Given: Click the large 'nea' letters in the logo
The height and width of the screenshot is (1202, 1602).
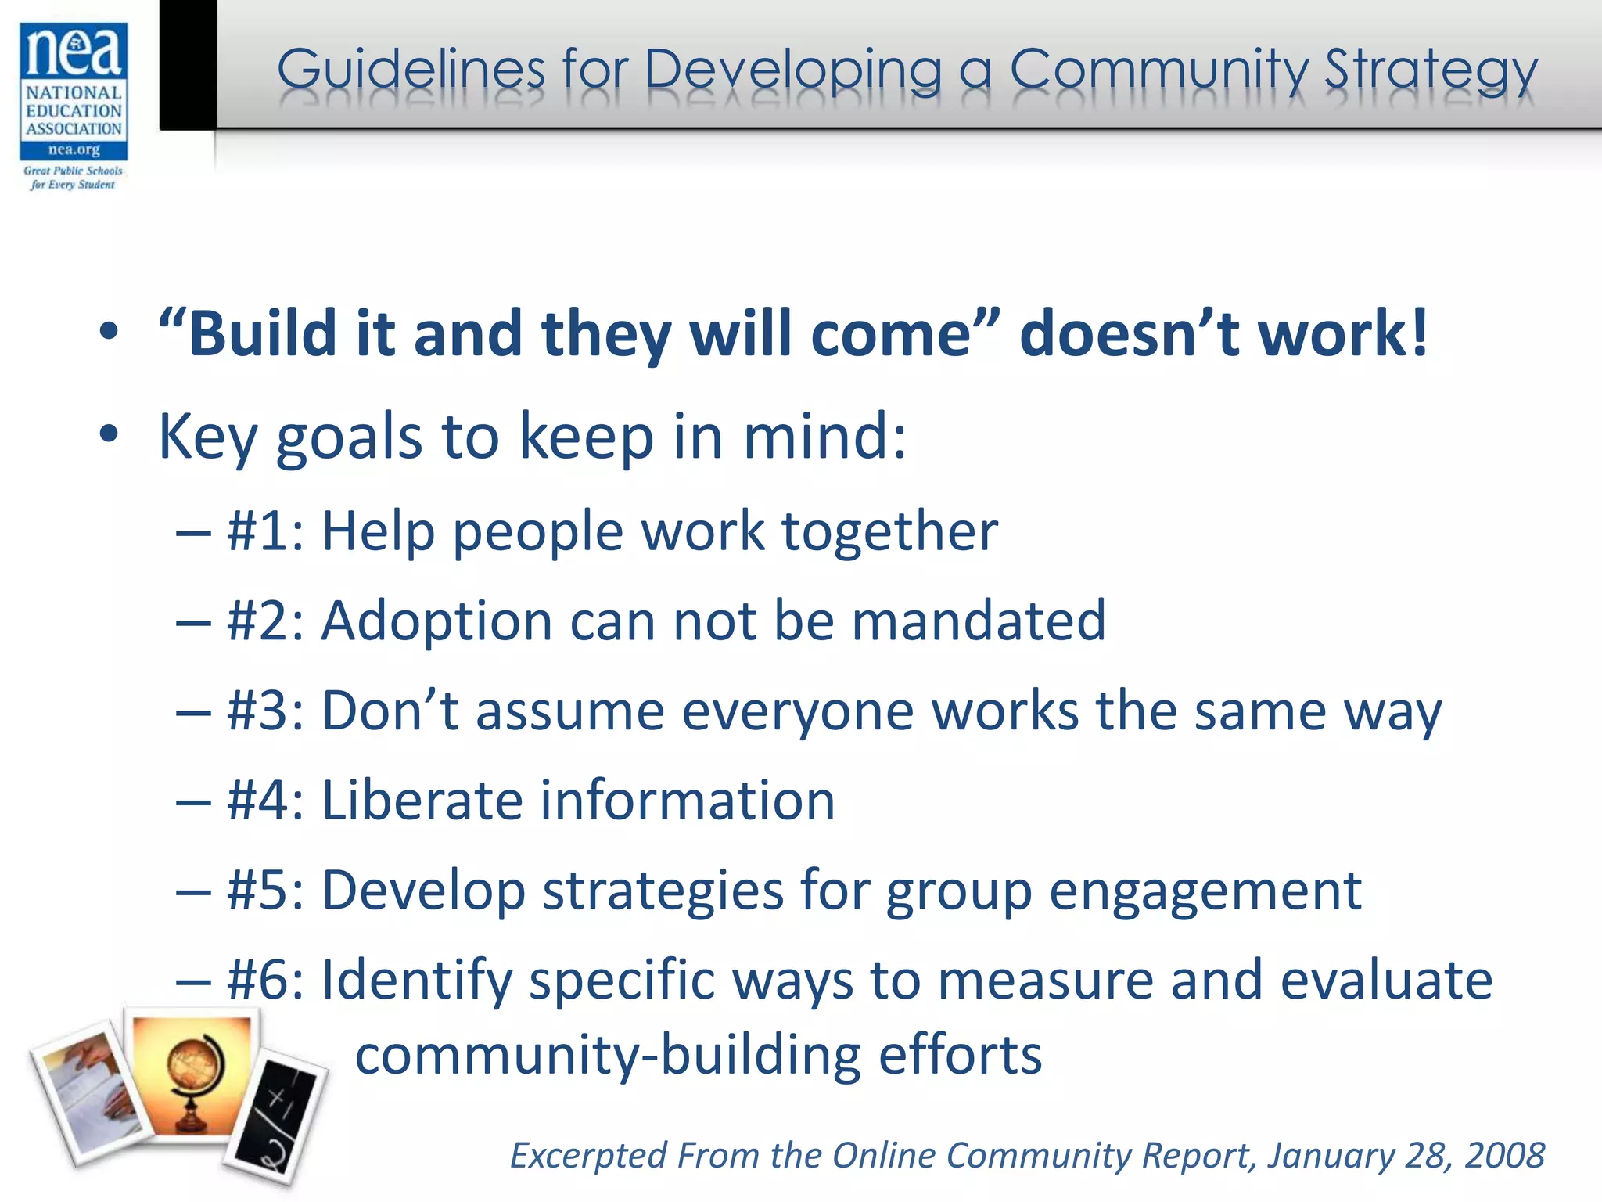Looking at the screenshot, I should (74, 51).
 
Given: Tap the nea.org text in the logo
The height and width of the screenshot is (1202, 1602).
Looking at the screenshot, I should (74, 149).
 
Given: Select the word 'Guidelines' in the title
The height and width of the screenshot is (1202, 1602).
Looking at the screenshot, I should (411, 70).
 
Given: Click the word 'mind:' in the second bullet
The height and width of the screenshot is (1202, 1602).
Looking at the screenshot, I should (825, 437).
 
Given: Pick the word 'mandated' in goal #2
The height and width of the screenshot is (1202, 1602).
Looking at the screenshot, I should (979, 621).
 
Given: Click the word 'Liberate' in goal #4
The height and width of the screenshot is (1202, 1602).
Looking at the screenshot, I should (420, 801).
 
